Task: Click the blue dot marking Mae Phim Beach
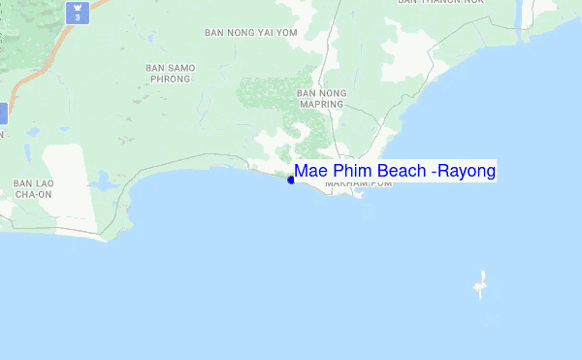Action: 291,180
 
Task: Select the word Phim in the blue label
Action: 350,172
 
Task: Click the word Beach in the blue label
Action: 401,172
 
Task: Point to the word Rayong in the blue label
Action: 468,172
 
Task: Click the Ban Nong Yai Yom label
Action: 250,32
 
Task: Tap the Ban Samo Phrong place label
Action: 171,74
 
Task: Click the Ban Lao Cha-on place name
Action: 32,188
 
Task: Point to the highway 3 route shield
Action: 77,14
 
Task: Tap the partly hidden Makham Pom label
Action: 359,184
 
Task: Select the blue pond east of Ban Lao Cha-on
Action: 102,181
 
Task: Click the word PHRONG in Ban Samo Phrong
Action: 171,80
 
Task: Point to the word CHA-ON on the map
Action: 32,194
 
